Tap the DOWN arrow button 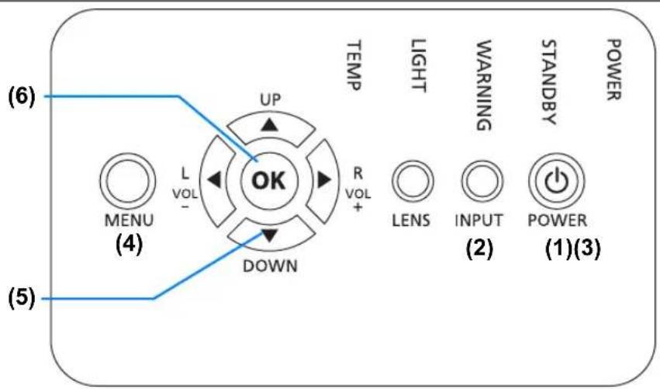[x=270, y=234]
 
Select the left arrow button [x=216, y=180]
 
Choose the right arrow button [x=323, y=180]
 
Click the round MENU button [x=127, y=181]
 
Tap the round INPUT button [x=482, y=181]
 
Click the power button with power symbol [x=556, y=181]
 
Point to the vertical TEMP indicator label [x=354, y=65]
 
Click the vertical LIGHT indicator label [x=418, y=65]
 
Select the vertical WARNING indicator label [x=484, y=85]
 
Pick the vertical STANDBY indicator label [x=549, y=82]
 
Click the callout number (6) [x=22, y=96]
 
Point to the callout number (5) [x=22, y=298]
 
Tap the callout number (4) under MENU [x=130, y=244]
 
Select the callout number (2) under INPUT [x=479, y=248]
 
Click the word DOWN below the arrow [x=270, y=266]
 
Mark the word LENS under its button [x=411, y=221]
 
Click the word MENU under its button [x=130, y=220]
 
